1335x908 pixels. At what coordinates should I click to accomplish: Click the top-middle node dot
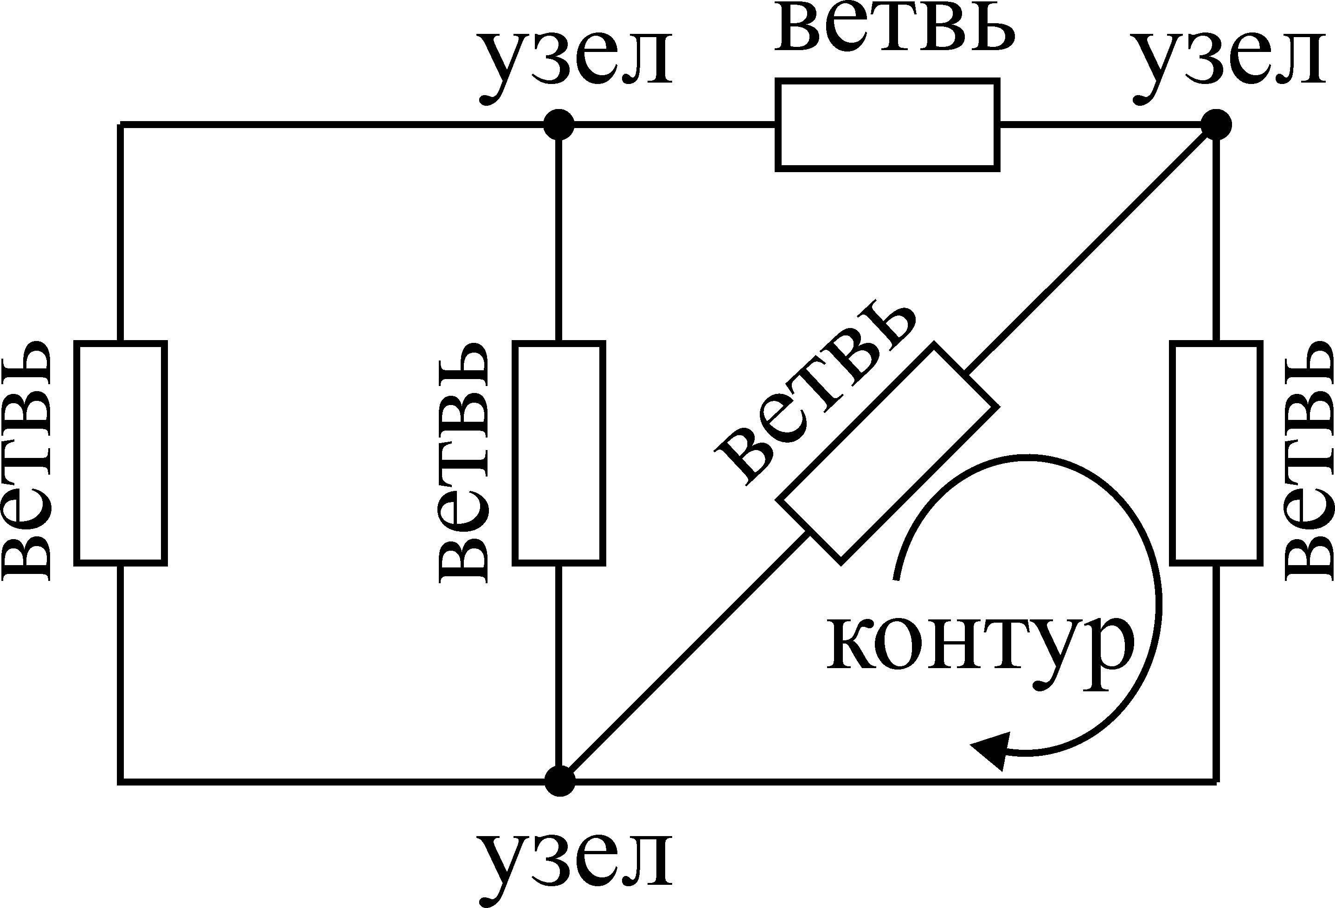pos(558,124)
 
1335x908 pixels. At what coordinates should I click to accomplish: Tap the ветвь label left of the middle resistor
pos(463,460)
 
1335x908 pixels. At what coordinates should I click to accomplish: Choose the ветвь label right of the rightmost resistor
pos(1307,460)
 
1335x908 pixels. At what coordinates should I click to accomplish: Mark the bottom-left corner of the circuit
pos(121,782)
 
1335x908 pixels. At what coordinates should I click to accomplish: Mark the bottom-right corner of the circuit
pos(1217,782)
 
